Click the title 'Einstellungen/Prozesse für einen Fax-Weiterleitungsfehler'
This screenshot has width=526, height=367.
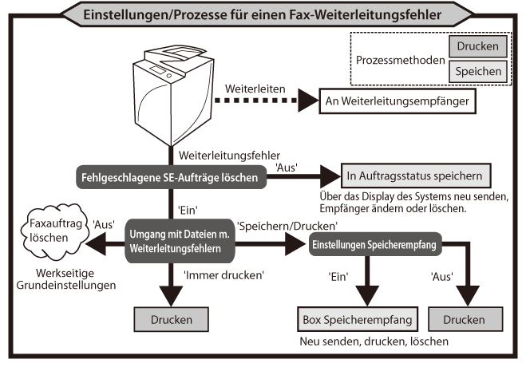click(263, 14)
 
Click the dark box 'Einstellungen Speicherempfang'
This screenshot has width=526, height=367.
click(373, 245)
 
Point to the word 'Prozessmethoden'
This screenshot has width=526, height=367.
click(399, 60)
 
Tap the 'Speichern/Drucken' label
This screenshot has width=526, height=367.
click(284, 226)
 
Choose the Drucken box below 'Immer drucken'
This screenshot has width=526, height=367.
click(170, 320)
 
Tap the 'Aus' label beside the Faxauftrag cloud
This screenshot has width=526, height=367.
click(101, 225)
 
